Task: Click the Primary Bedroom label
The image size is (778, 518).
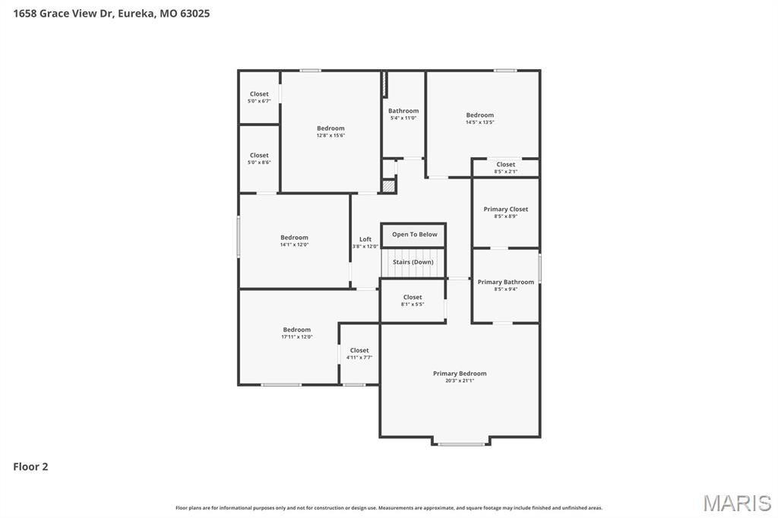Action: click(460, 374)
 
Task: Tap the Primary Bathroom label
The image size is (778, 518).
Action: click(505, 282)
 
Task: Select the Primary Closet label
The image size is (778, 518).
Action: click(505, 209)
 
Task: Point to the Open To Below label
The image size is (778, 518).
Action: click(414, 235)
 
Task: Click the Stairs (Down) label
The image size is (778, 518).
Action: click(413, 262)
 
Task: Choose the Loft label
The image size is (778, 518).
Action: click(365, 239)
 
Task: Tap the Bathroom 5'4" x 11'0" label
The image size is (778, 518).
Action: click(403, 111)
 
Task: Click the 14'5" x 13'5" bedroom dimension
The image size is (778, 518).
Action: click(480, 122)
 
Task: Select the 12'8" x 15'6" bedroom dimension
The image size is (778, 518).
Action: click(330, 136)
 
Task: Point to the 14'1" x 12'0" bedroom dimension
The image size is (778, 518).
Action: click(294, 245)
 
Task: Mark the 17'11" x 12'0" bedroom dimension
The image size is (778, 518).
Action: click(296, 336)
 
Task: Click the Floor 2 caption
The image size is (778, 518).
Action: click(30, 467)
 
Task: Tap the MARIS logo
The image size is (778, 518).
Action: click(736, 503)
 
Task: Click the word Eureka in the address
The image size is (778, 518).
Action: click(137, 13)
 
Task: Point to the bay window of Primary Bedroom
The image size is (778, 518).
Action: click(461, 444)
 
